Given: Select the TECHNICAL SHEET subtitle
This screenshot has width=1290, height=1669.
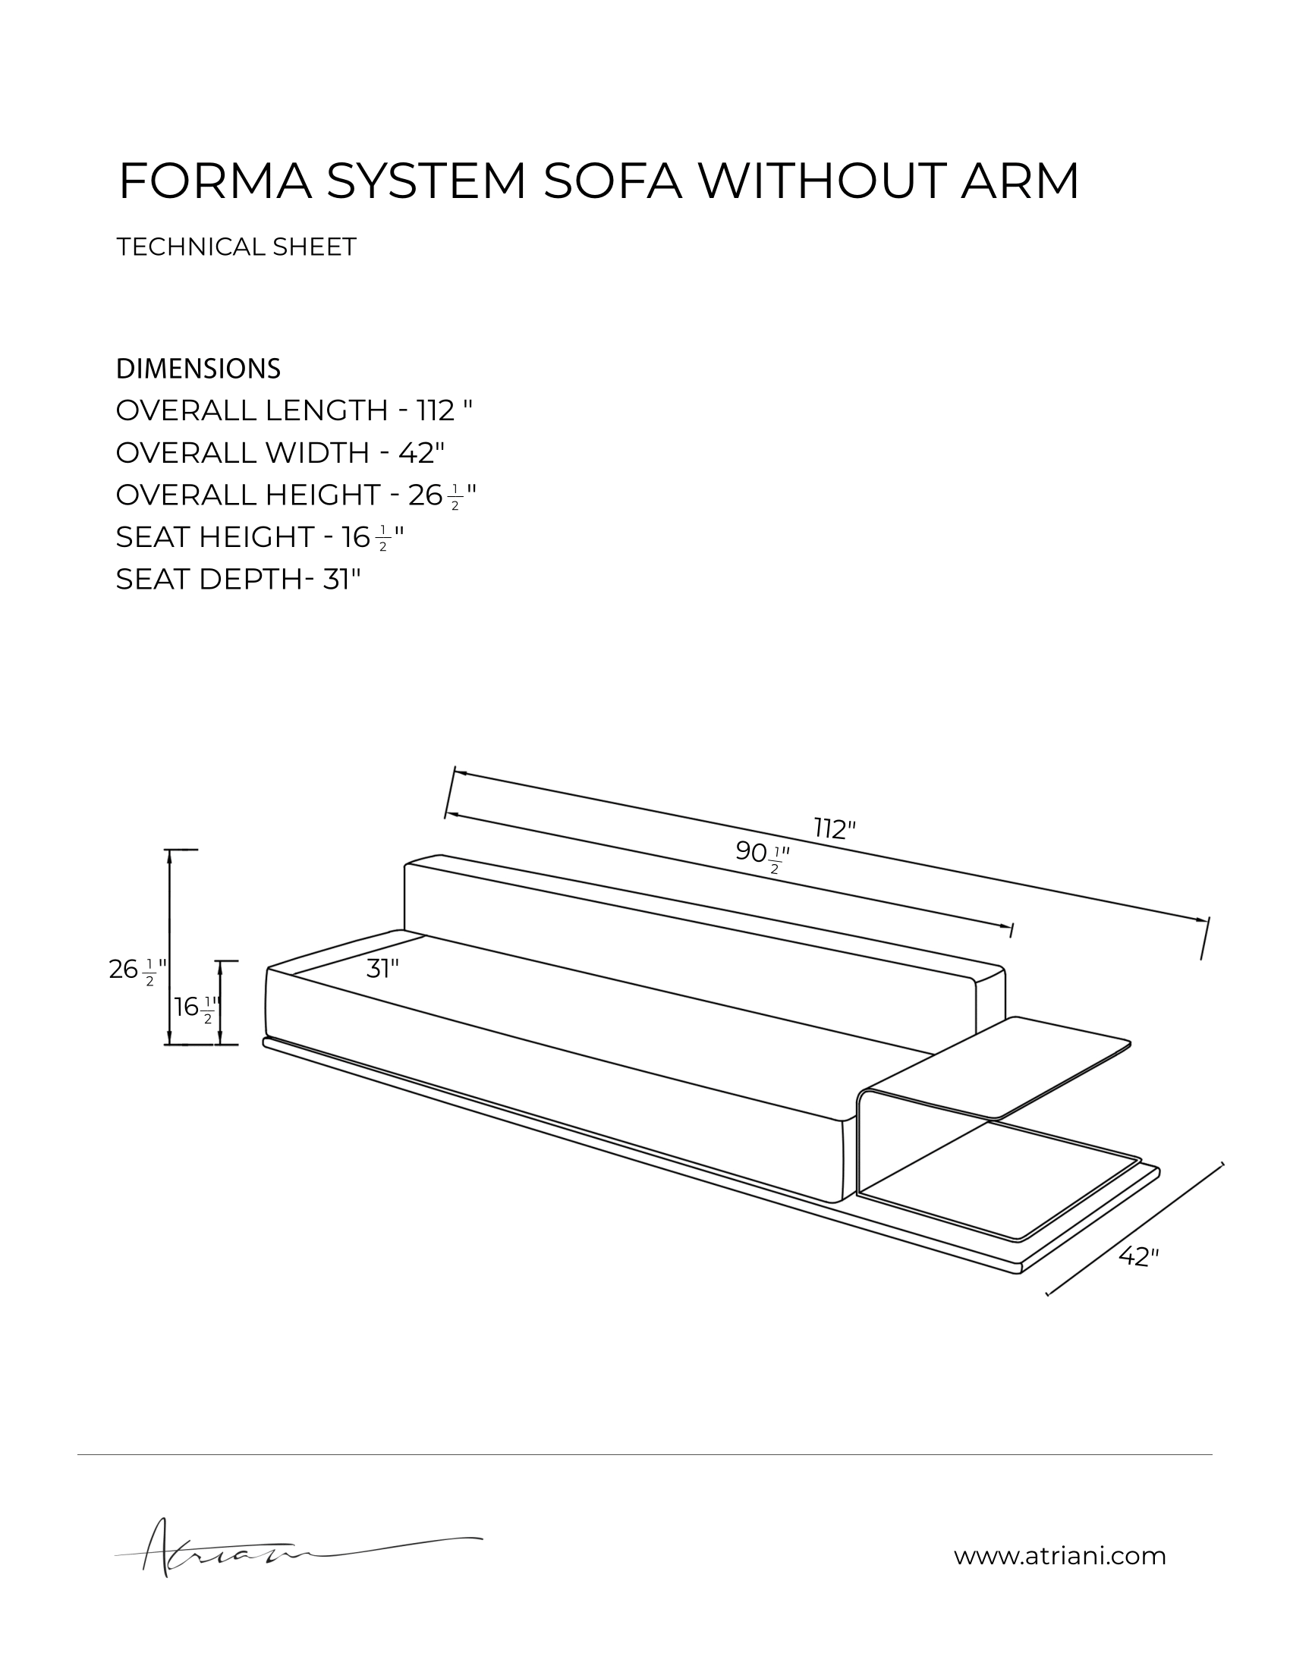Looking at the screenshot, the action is tap(236, 247).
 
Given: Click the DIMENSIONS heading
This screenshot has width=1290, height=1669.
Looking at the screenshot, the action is tap(198, 369).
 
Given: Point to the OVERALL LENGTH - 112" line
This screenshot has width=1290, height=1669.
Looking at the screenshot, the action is tap(294, 410).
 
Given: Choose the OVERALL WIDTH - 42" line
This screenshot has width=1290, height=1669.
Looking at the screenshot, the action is tap(281, 452).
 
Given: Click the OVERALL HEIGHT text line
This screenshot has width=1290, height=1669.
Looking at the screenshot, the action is tap(297, 495).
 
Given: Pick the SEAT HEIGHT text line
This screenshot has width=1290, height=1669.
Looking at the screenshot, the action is tap(260, 537).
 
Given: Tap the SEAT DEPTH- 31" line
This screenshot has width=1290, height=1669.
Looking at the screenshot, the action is tap(238, 580).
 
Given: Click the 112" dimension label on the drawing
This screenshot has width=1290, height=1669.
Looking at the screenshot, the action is tap(835, 828).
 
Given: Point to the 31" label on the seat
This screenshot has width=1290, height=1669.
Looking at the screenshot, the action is tap(383, 970).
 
